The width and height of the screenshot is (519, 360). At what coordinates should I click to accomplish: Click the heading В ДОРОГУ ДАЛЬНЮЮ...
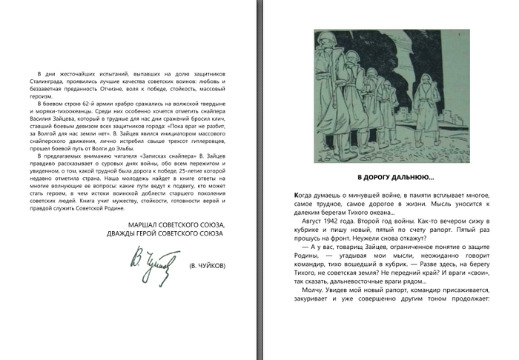point(396,178)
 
